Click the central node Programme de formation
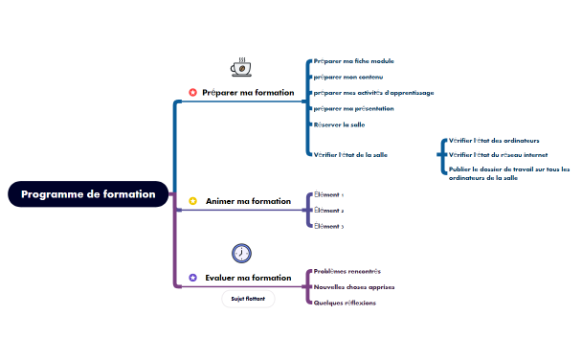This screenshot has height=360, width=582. (x=88, y=193)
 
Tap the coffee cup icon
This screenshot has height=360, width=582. (x=241, y=67)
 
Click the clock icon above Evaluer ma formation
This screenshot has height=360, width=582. (x=242, y=253)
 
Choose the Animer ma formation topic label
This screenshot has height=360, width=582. (x=248, y=202)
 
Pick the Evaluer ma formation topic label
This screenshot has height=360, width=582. (x=248, y=278)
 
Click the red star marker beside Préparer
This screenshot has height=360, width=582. (x=192, y=93)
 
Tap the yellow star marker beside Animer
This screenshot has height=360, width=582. (x=192, y=202)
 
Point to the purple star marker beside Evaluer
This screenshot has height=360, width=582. (x=192, y=278)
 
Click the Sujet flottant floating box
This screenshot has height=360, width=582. (x=248, y=299)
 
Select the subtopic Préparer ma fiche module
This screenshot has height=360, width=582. (x=353, y=61)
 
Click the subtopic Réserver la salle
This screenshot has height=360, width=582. (x=339, y=124)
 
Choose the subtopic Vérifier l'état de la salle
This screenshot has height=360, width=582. (x=350, y=154)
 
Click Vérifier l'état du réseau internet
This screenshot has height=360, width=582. (x=498, y=154)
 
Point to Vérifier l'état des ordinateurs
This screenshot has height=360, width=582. (x=493, y=141)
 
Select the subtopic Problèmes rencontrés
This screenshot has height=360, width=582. (x=347, y=271)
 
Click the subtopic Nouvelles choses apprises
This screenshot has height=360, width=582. (x=354, y=286)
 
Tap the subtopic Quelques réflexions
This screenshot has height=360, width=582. (x=345, y=303)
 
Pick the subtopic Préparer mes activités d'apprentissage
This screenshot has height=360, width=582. (x=373, y=93)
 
